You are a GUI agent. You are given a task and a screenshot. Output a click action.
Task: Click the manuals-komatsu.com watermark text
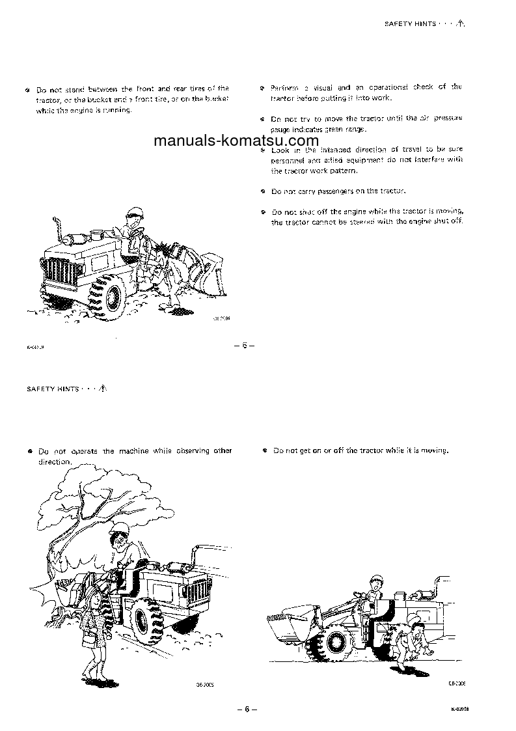point(236,141)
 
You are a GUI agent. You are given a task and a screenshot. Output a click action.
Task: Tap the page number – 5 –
point(244,345)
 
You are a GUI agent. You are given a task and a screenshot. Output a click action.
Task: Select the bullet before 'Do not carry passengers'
point(262,192)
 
